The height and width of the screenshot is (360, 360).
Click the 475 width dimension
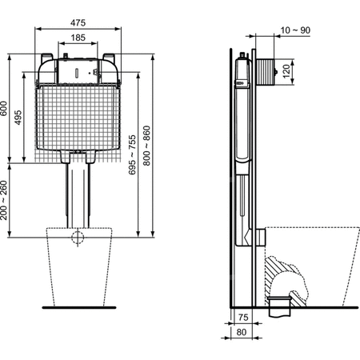[x=78, y=21]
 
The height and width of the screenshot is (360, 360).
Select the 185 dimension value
[x=78, y=37]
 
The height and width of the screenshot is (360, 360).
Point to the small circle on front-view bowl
[x=78, y=238]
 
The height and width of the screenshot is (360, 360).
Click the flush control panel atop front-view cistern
[x=78, y=70]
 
